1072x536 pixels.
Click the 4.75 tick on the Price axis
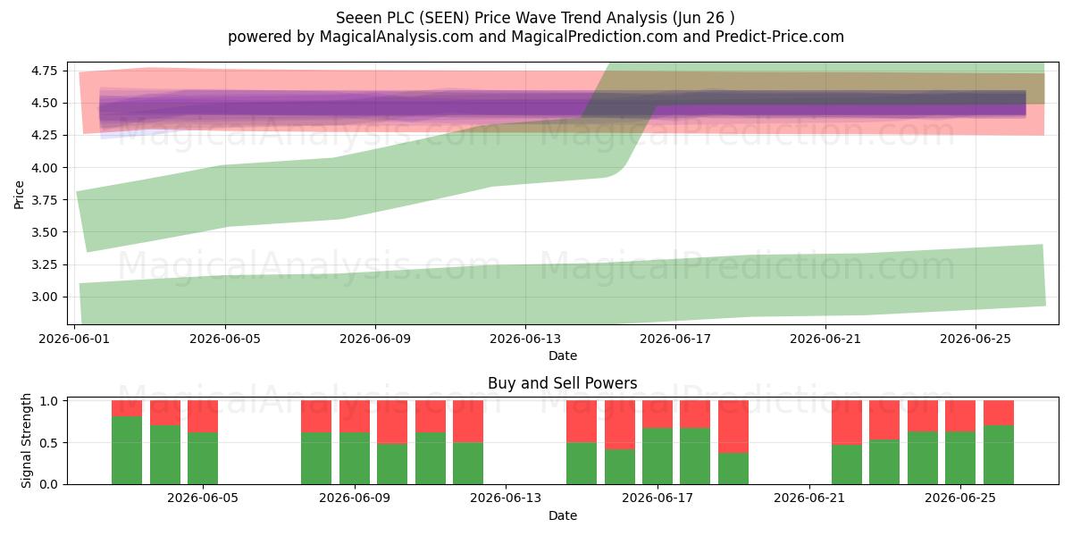click(44, 71)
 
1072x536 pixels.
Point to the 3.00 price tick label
click(44, 297)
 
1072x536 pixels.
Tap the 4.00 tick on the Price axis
click(44, 168)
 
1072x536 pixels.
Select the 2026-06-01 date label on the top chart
click(74, 339)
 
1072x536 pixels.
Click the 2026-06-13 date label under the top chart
click(525, 339)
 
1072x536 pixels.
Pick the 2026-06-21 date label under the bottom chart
click(809, 498)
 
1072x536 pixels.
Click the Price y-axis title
click(19, 195)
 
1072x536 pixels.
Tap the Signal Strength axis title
click(26, 440)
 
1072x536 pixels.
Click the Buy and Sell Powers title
click(562, 383)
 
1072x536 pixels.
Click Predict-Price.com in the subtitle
click(780, 37)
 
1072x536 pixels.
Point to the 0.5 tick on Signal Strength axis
click(48, 443)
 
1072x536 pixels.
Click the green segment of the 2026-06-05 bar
click(203, 458)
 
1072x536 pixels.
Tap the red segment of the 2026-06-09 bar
click(355, 416)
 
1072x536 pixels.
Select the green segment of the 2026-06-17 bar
click(657, 456)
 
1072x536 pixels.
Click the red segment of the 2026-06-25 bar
click(960, 416)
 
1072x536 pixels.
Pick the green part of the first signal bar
click(127, 450)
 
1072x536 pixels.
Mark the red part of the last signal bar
click(999, 413)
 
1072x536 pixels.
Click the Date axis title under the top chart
click(562, 356)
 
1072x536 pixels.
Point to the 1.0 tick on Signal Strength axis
click(48, 401)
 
